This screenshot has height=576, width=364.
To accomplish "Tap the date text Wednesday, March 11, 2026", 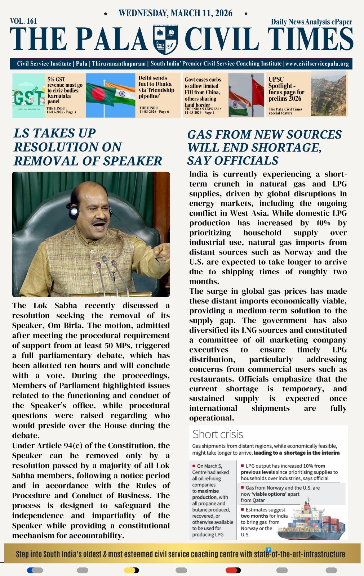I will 176,14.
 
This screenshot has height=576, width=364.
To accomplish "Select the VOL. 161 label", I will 23,21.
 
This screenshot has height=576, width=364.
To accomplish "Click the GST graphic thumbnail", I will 28,96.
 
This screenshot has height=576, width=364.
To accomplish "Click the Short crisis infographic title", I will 218,434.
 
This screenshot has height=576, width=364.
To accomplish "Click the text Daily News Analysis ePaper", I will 311,22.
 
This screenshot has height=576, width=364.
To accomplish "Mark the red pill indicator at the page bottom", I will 233,570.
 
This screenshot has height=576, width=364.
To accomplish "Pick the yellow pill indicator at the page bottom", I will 131,570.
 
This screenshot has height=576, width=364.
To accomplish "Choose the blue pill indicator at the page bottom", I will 35,570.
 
